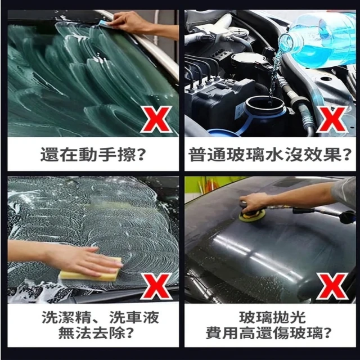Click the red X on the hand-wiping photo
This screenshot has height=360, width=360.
[156, 119]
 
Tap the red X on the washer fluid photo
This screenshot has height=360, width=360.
[332, 119]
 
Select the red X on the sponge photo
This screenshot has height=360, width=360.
[156, 286]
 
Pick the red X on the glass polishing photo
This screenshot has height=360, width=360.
[332, 286]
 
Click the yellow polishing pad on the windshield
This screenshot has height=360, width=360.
[252, 216]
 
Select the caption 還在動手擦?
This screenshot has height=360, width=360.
[93, 154]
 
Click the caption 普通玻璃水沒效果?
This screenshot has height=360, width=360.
[270, 154]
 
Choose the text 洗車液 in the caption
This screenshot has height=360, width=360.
[134, 317]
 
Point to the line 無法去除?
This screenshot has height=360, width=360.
[96, 332]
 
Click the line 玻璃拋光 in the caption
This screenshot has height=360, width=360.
[272, 317]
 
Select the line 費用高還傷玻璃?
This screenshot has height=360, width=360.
[269, 332]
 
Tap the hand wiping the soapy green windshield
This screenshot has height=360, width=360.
[132, 22]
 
